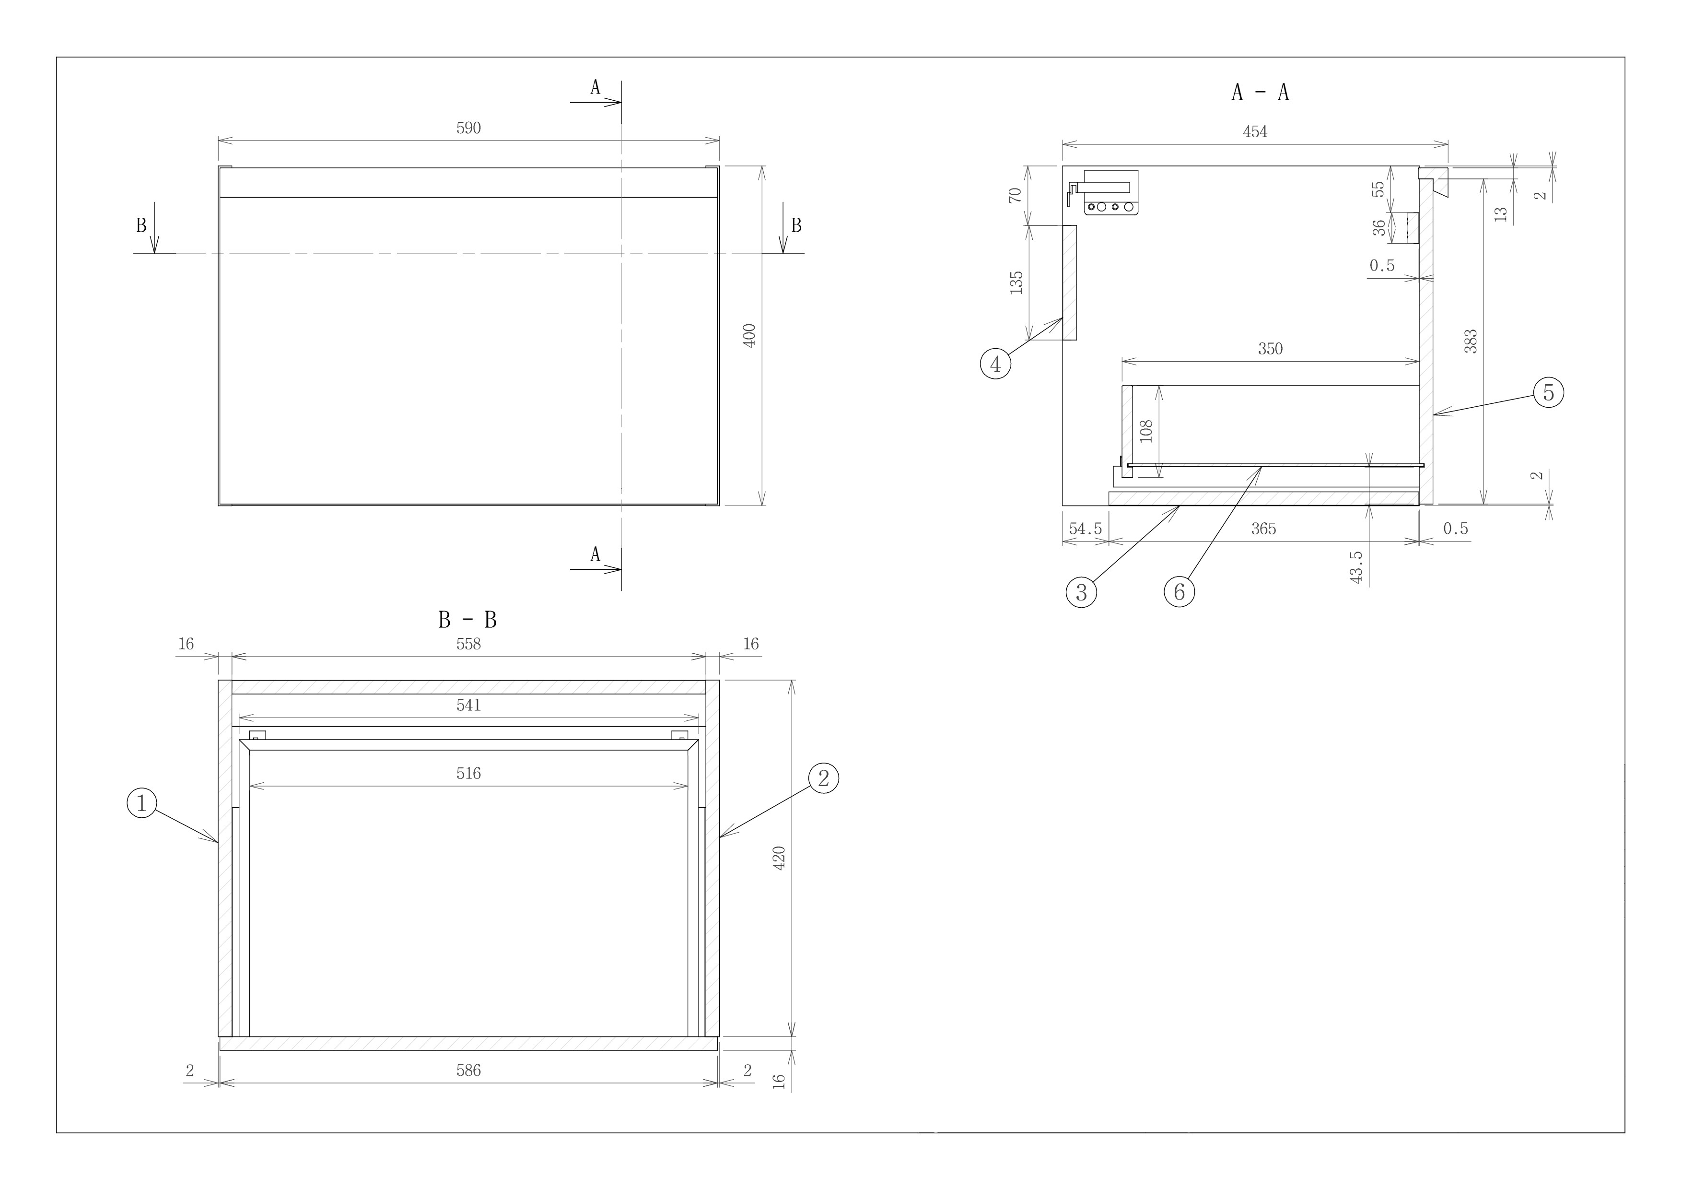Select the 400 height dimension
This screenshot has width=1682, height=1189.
(749, 336)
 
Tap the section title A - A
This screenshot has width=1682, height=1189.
(1260, 92)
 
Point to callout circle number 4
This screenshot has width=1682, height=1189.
(995, 364)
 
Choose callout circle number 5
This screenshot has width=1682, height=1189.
(1549, 393)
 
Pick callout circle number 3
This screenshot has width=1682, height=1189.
(1081, 591)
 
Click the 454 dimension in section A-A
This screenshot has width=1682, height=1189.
(1255, 132)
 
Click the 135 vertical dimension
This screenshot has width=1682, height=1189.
(1016, 283)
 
